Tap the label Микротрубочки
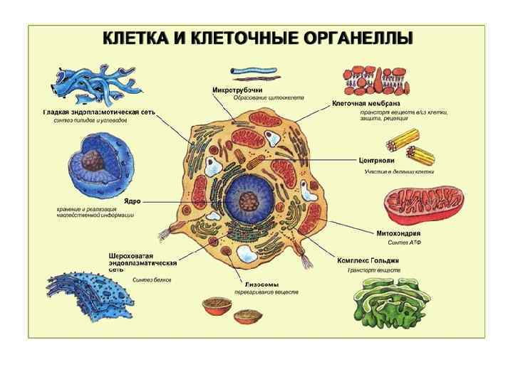237,90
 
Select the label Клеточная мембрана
371,104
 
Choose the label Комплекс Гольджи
368,260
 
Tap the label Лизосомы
251,284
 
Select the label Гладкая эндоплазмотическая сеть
99,112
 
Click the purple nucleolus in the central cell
248,202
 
